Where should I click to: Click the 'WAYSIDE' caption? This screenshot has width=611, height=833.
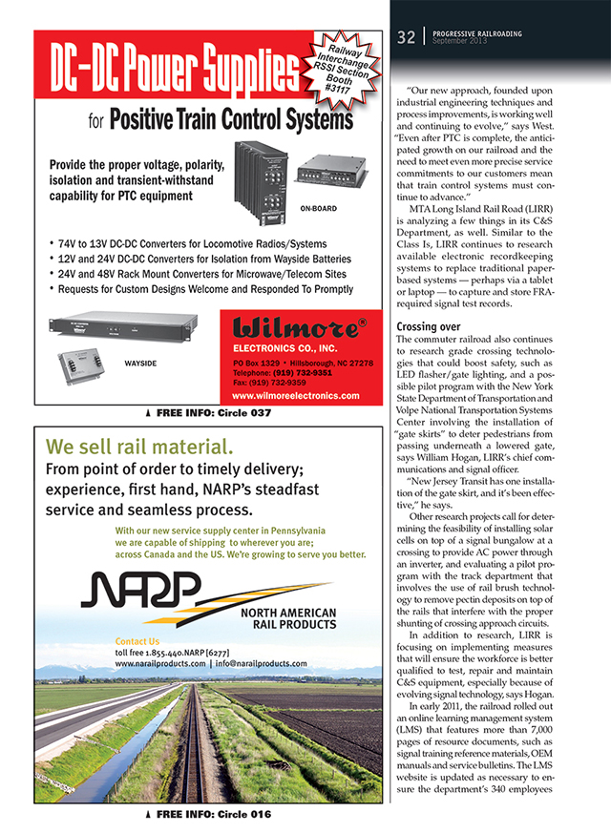[x=141, y=364]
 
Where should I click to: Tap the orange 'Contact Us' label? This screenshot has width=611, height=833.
[x=137, y=641]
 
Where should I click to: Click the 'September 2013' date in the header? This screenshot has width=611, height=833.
[x=460, y=42]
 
